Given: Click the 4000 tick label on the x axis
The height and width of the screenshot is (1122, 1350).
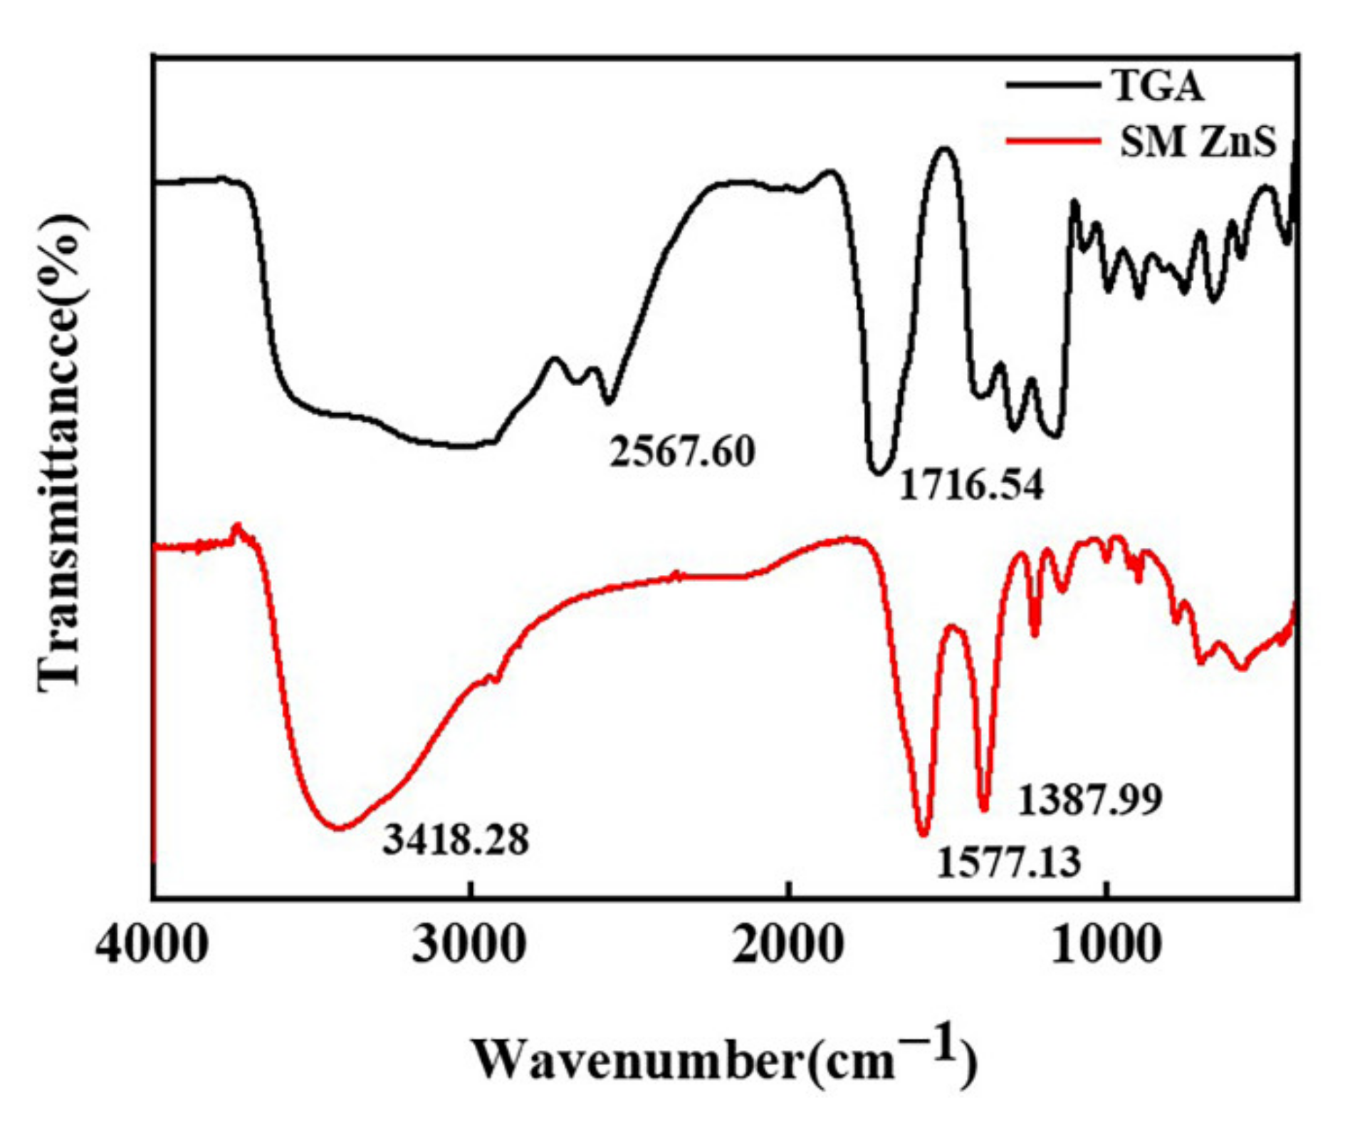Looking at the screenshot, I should (x=152, y=945).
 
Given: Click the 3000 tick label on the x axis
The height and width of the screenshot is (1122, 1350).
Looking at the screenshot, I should (x=470, y=945).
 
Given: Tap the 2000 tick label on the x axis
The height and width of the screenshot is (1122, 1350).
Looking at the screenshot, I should (x=788, y=945).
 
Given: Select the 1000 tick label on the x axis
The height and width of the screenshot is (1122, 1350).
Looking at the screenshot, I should (x=1106, y=945).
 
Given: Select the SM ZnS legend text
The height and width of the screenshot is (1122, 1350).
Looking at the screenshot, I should (x=1198, y=141).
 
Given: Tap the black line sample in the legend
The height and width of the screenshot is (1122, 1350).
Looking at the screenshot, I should (x=1052, y=85).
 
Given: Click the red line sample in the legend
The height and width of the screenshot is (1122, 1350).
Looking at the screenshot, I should (x=1052, y=140).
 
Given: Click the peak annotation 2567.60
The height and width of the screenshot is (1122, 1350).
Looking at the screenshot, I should (x=682, y=452).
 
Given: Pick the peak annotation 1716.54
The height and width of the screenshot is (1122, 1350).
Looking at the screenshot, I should (x=971, y=485).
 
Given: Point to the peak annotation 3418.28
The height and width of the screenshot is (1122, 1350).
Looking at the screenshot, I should (x=456, y=839).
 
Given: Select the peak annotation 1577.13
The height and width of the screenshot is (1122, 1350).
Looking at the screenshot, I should (x=1008, y=861).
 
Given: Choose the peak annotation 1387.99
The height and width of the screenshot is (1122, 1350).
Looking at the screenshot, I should (x=1090, y=799).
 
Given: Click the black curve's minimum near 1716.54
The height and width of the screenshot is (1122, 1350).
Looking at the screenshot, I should (x=879, y=472).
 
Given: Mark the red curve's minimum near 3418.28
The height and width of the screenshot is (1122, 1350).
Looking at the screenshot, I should (x=340, y=828).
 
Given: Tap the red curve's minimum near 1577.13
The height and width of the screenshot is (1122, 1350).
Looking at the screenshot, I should (x=923, y=834).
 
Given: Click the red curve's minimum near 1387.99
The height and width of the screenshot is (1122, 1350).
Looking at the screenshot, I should (x=984, y=809).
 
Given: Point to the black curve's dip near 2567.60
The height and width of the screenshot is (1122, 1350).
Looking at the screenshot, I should (x=608, y=402).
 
